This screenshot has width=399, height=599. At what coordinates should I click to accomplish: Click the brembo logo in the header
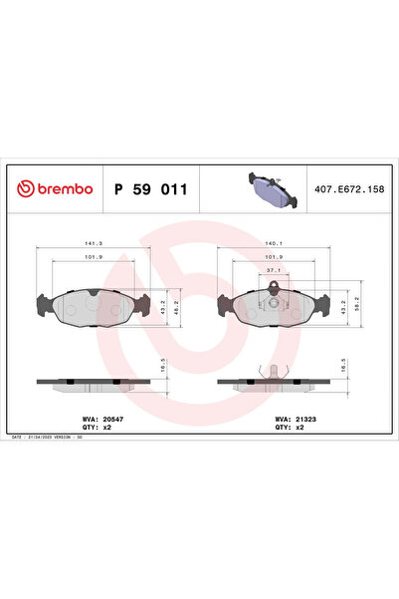coord(57,188)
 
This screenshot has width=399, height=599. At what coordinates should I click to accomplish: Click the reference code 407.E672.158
coord(348,188)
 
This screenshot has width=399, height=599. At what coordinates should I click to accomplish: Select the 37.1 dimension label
coord(274,268)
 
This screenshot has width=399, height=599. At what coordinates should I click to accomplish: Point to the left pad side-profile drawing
coord(94,382)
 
